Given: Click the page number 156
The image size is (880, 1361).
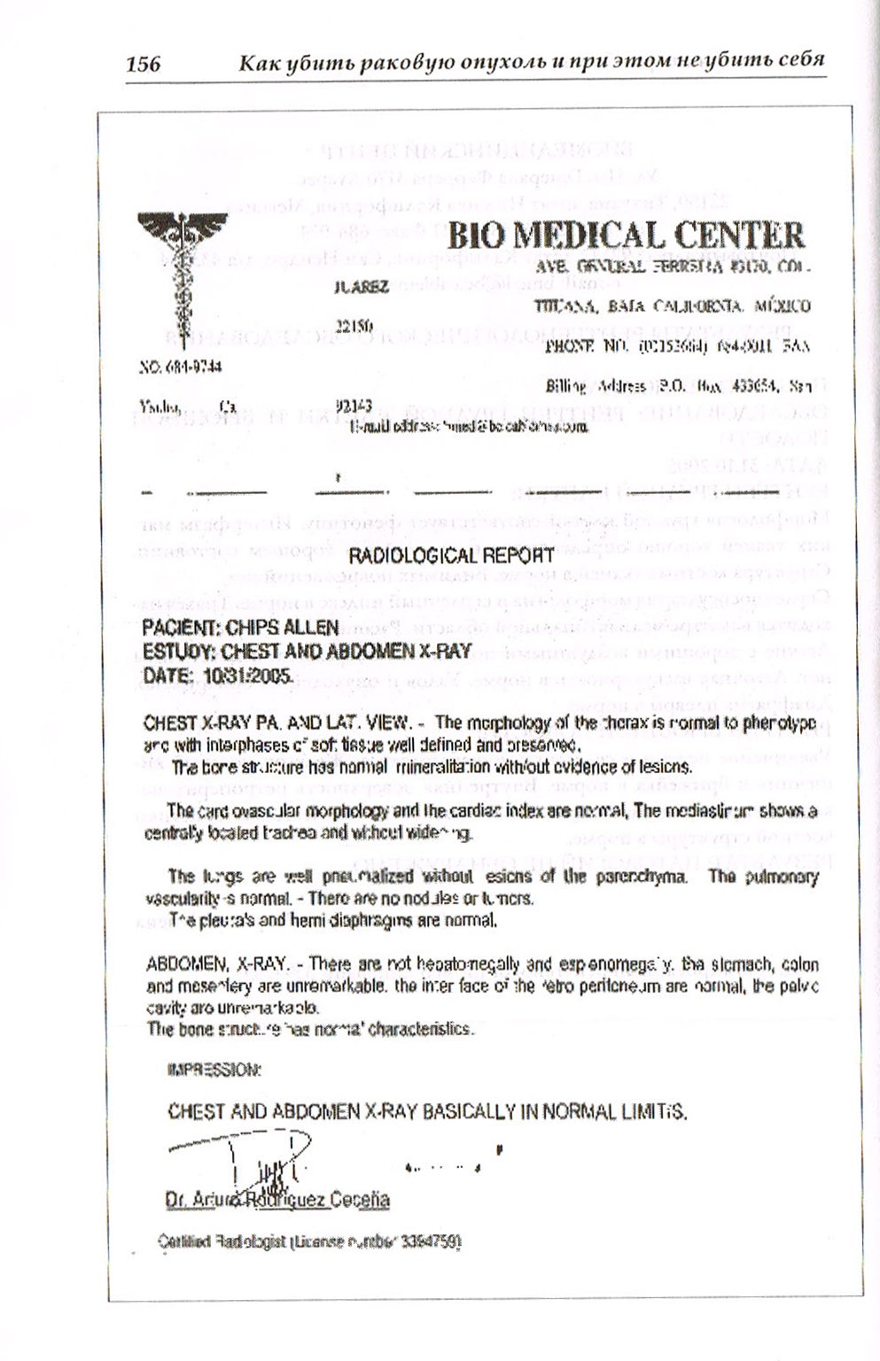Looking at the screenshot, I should (143, 64).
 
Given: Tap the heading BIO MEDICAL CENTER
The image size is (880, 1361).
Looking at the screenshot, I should (626, 236).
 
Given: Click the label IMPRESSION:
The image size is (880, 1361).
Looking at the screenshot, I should (214, 1070).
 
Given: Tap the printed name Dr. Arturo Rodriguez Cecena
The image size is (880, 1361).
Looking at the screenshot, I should (277, 1201).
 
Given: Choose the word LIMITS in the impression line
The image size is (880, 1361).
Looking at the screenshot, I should (657, 1111).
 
